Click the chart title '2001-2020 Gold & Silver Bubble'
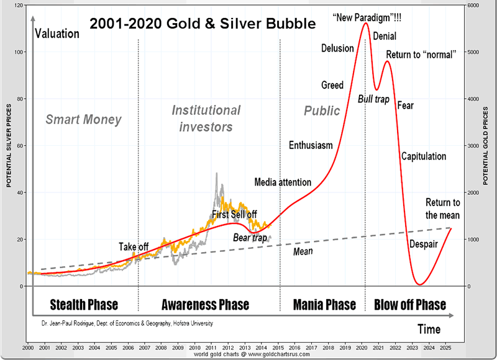pyautogui.click(x=203, y=24)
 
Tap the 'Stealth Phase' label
pyautogui.click(x=84, y=304)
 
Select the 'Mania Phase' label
pyautogui.click(x=325, y=304)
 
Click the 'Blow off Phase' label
pyautogui.click(x=410, y=304)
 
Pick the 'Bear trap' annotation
pyautogui.click(x=250, y=238)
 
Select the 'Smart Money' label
pyautogui.click(x=83, y=119)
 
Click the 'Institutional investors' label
pyautogui.click(x=206, y=119)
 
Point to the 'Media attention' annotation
pyautogui.click(x=283, y=182)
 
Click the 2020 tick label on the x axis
pyautogui.click(x=362, y=348)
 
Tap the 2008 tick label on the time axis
pyautogui.click(x=161, y=348)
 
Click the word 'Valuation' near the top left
pyautogui.click(x=57, y=34)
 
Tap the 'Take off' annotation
pyautogui.click(x=134, y=247)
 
